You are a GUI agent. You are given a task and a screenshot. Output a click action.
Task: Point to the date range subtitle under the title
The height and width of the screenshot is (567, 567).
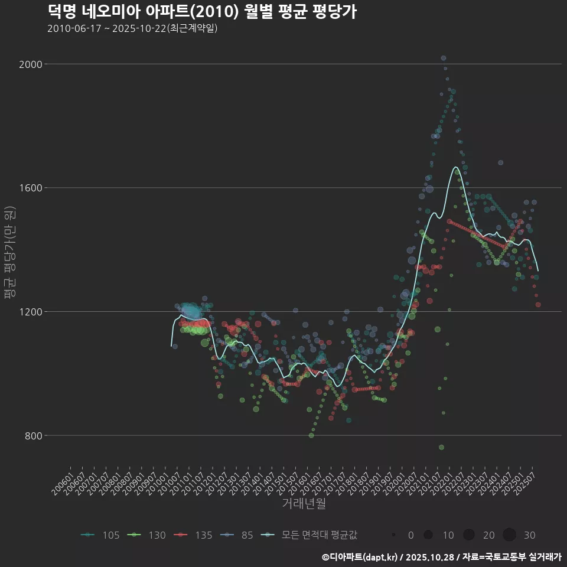tap(132, 28)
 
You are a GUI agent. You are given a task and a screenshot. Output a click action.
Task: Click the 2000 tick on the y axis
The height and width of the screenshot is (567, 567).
tap(30, 64)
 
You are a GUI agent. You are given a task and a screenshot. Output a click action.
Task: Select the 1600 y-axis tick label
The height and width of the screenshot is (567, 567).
tap(30, 188)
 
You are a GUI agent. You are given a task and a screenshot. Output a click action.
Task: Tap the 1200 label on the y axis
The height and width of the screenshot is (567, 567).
tap(30, 312)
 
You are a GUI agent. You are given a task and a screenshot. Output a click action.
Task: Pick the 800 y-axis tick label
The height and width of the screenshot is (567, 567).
tap(32, 436)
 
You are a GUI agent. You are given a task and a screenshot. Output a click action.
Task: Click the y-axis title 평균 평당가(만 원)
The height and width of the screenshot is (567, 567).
tap(9, 254)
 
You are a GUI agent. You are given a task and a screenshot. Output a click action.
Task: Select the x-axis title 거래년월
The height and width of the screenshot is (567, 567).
tap(304, 504)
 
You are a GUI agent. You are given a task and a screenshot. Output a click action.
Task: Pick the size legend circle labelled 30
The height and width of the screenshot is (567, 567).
tap(510, 535)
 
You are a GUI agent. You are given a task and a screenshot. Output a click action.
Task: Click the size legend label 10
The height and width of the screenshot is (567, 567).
tap(448, 535)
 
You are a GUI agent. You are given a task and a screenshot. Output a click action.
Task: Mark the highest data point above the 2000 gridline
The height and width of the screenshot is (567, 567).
tap(444, 58)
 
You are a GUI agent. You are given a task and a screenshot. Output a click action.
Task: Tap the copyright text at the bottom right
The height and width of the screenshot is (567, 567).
tap(441, 557)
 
